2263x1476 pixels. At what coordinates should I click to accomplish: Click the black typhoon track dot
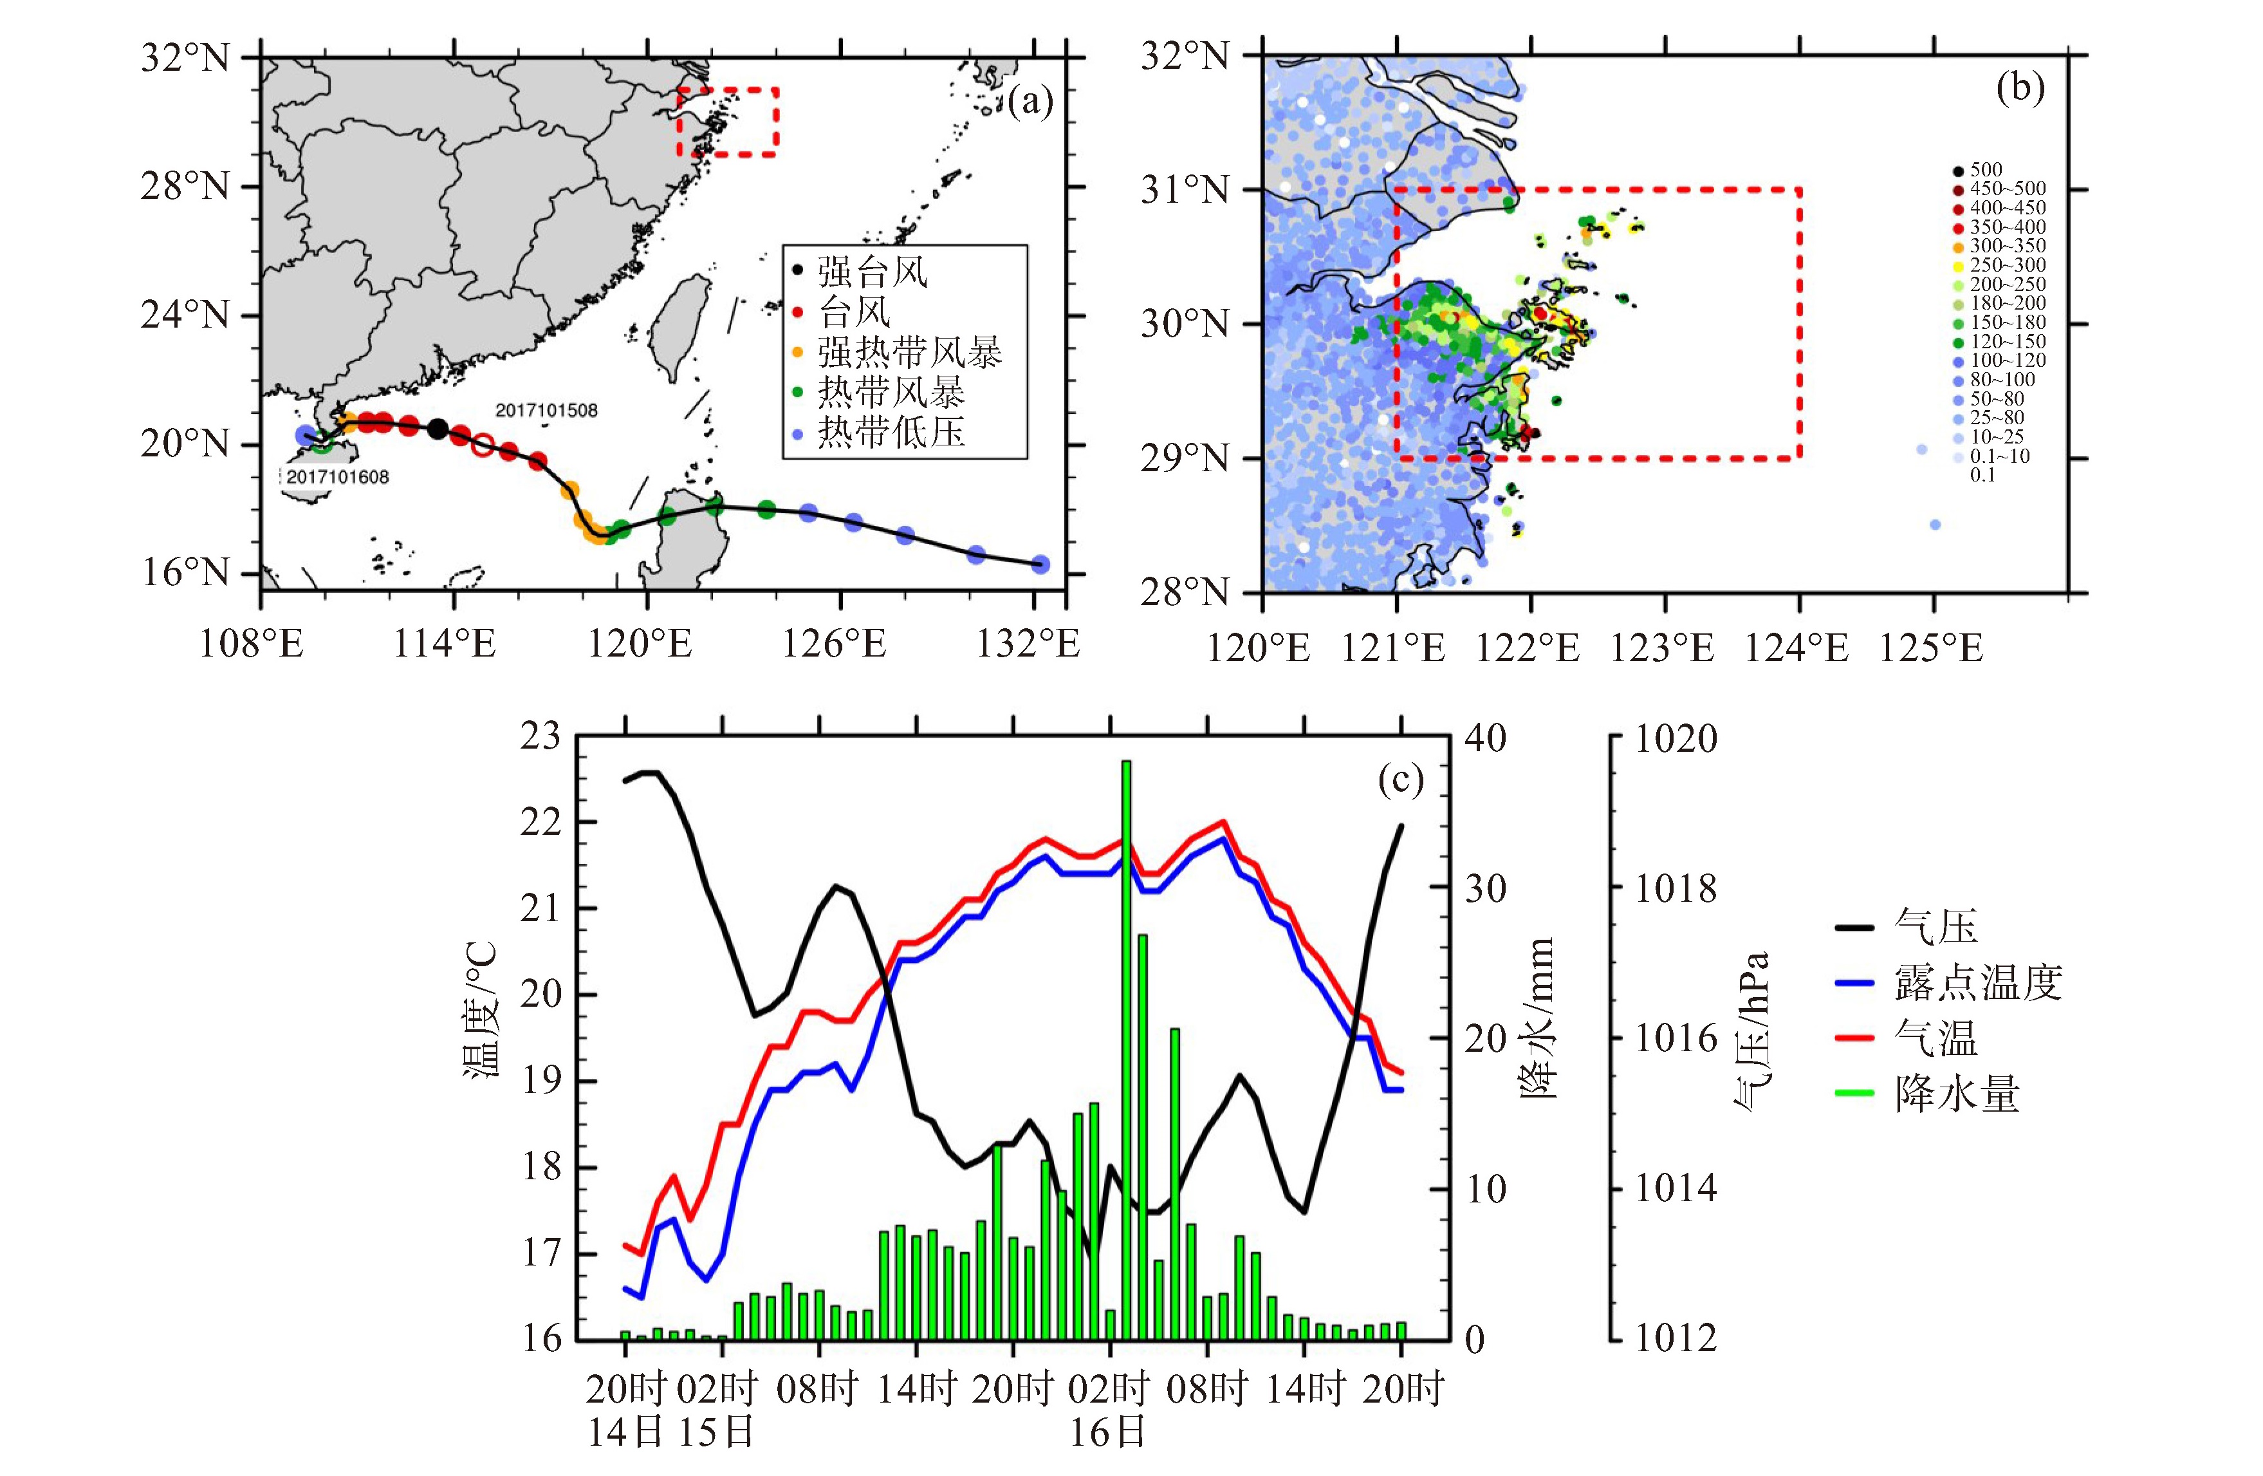[438, 429]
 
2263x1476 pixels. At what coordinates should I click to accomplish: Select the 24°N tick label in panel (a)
[185, 315]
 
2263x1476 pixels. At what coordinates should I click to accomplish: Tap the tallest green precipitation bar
[1126, 1046]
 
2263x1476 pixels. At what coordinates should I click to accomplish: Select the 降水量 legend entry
[1957, 1094]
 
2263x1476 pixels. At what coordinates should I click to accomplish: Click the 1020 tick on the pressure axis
[1676, 739]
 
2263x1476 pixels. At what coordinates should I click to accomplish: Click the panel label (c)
[1401, 781]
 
